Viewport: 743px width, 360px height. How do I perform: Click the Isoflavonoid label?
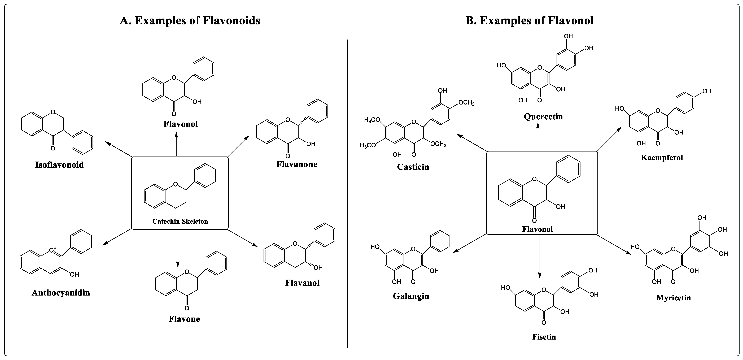59,165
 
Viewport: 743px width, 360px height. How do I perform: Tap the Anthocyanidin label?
61,293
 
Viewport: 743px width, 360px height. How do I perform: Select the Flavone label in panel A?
184,319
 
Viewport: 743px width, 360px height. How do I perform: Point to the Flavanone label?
297,164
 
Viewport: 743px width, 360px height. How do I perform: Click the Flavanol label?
302,283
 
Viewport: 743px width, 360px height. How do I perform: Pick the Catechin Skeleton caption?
180,221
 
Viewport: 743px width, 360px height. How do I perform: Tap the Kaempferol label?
662,158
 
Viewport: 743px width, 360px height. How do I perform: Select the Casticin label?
413,167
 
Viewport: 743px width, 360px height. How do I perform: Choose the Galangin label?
411,296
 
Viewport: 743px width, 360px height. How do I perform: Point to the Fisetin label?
544,337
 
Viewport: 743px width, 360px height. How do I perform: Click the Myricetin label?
674,298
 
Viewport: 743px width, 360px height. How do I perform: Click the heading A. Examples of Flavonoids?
190,21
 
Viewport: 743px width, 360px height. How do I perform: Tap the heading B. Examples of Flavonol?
530,21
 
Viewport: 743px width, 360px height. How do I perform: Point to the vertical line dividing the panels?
347,193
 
